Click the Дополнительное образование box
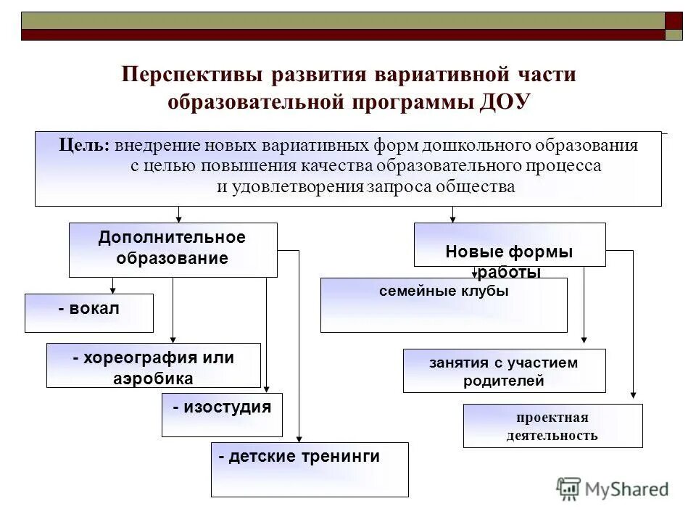pos(173,249)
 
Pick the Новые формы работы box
pos(509,245)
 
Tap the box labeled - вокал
pos(88,312)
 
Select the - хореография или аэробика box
pos(153,365)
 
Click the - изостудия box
pos(221,415)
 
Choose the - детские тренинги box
pos(310,469)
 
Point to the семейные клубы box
pos(444,305)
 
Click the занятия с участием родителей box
pos(504,370)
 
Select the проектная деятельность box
pos(552,426)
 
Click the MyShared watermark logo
pos(613,489)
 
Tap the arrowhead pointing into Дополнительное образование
pos(179,217)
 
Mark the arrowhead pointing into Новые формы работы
pos(453,217)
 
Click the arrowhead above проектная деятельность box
pos(633,395)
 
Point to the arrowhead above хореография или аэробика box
pos(173,337)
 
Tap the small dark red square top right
pos(674,20)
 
